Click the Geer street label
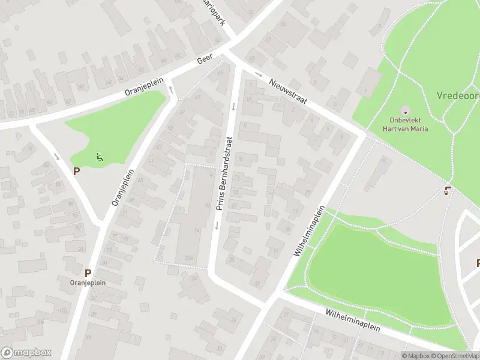(x=205, y=61)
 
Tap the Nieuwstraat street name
(x=288, y=92)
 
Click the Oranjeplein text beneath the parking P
(x=88, y=283)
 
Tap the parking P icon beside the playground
(x=76, y=171)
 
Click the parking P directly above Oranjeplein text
(x=88, y=272)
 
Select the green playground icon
(x=100, y=158)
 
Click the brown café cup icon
(x=446, y=191)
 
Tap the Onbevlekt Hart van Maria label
(x=406, y=124)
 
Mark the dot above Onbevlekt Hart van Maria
(x=405, y=110)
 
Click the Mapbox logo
(x=26, y=353)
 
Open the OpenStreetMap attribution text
(x=455, y=356)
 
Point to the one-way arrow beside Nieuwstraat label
(x=259, y=74)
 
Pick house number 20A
(x=189, y=258)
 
